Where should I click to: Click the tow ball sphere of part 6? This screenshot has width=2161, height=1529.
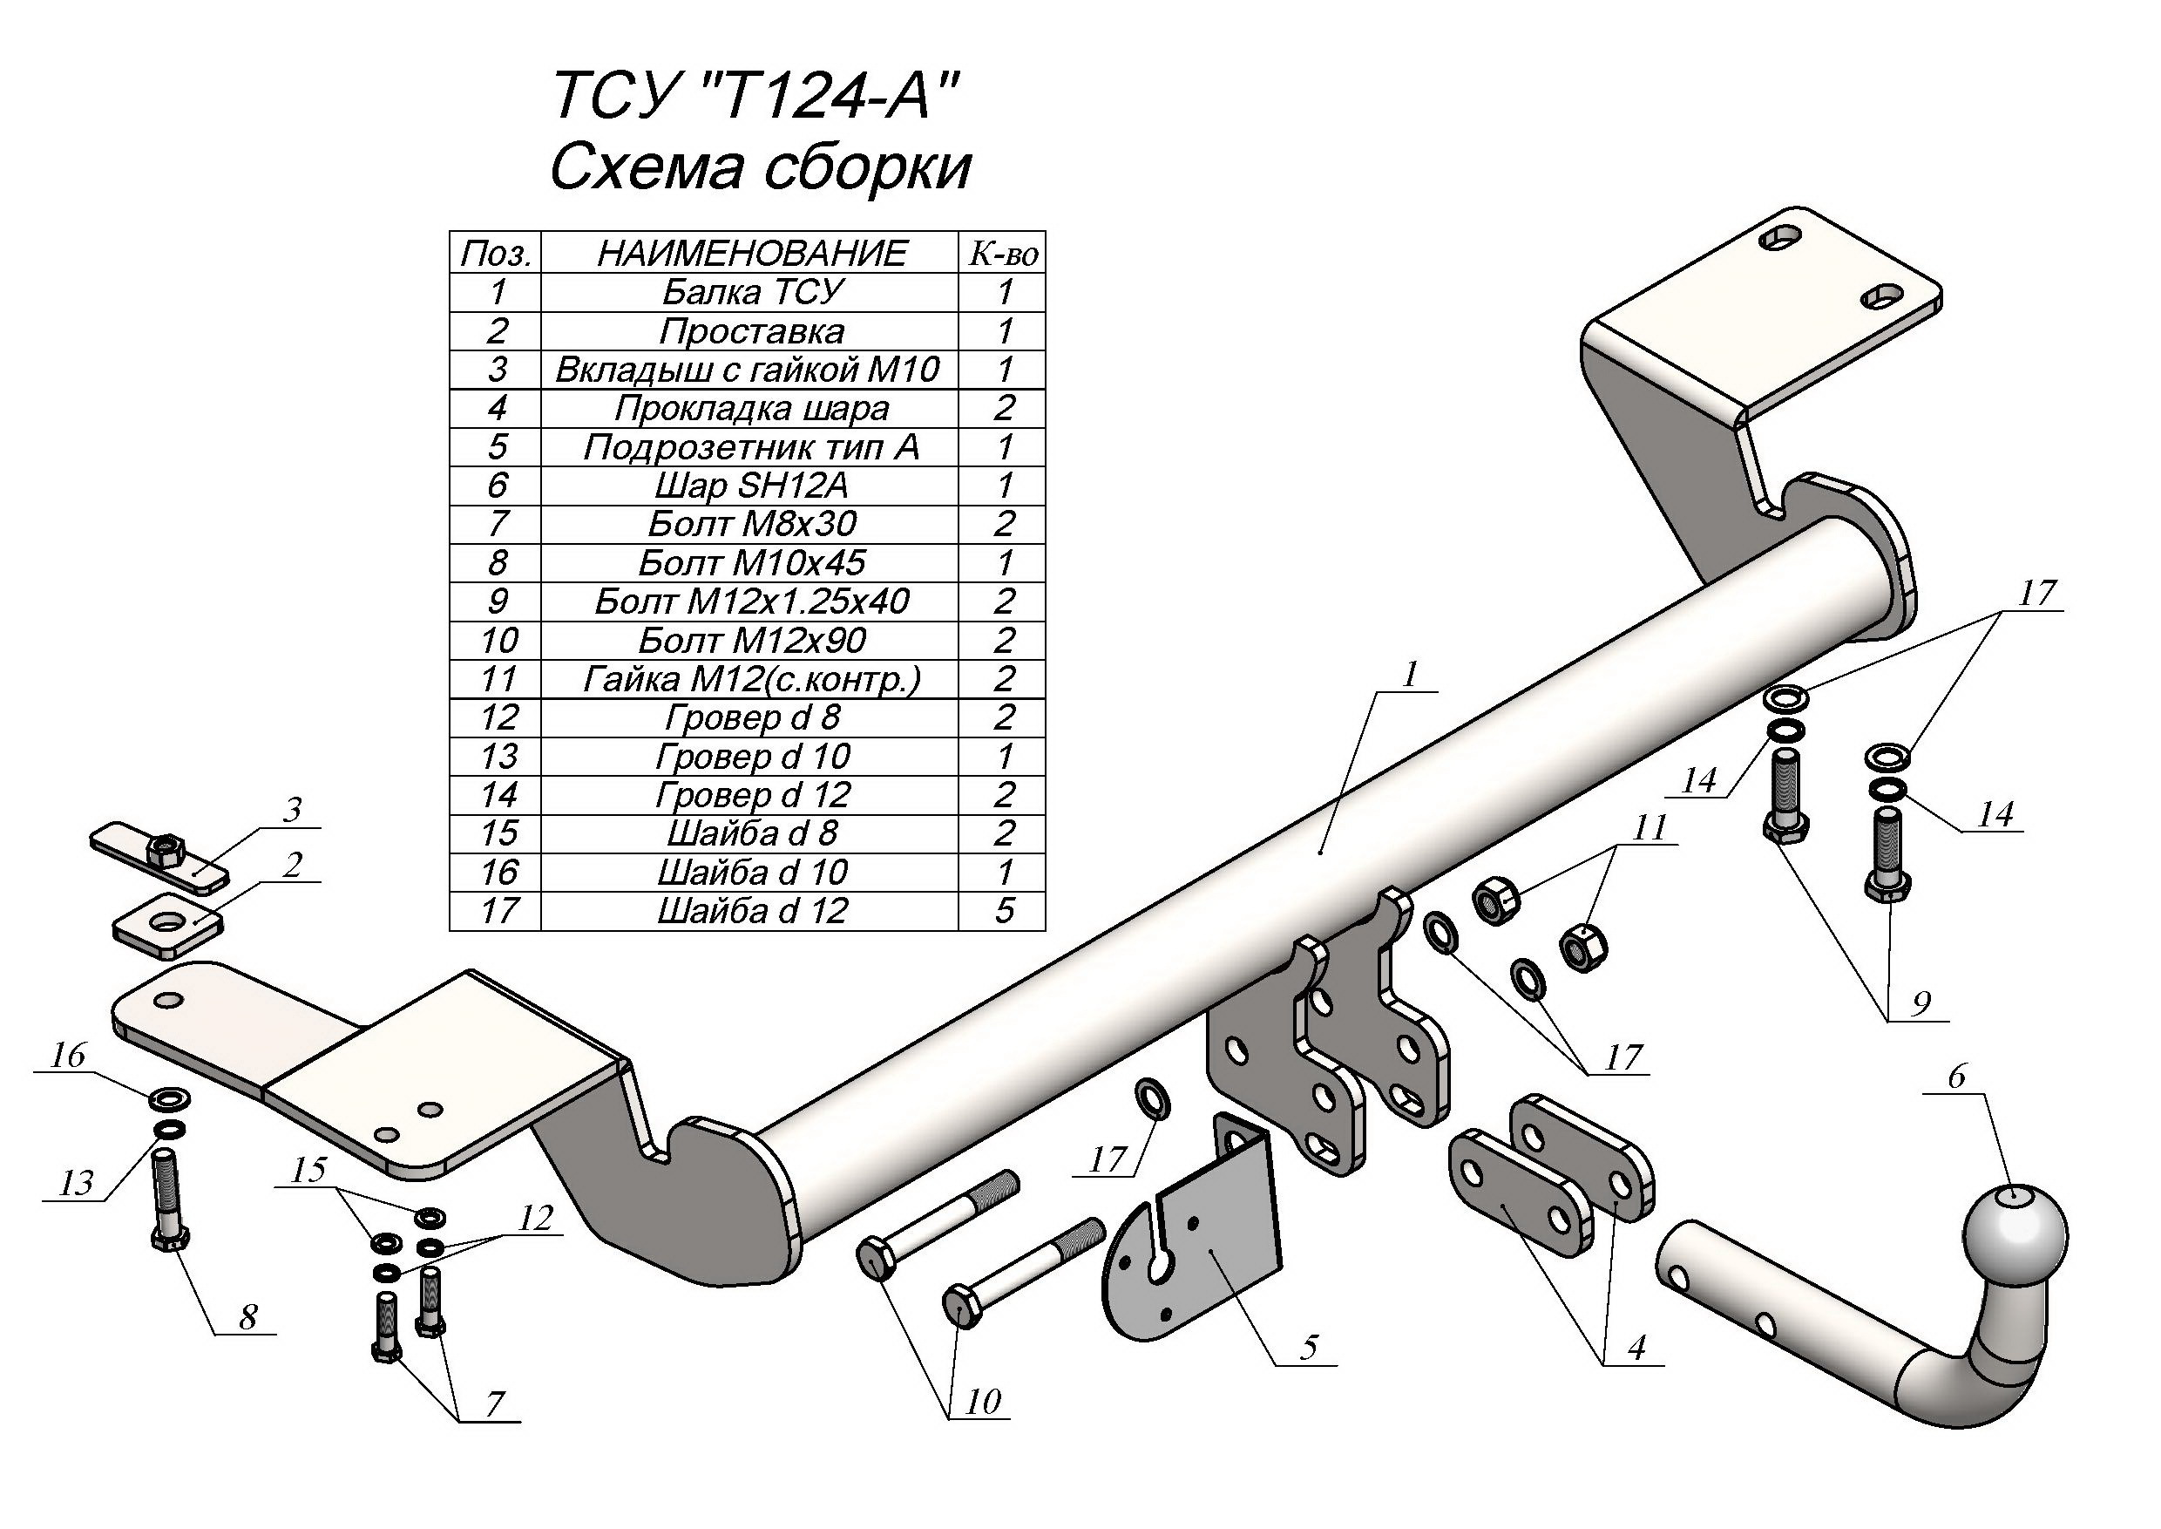2015,1233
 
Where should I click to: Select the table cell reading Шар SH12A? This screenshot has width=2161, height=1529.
750,486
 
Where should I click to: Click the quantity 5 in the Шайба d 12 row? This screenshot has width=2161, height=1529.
1003,910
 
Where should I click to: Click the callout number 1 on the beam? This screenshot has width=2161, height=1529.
1410,674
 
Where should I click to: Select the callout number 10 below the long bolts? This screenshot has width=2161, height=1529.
983,1403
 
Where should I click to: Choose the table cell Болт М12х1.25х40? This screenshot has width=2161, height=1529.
750,601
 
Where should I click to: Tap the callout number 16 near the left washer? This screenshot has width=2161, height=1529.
68,1056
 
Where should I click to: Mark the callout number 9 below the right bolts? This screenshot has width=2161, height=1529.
1920,1002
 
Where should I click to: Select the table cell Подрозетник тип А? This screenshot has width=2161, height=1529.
750,447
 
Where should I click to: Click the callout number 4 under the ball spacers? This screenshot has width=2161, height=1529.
1636,1348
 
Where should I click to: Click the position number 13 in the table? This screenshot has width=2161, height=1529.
498,756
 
